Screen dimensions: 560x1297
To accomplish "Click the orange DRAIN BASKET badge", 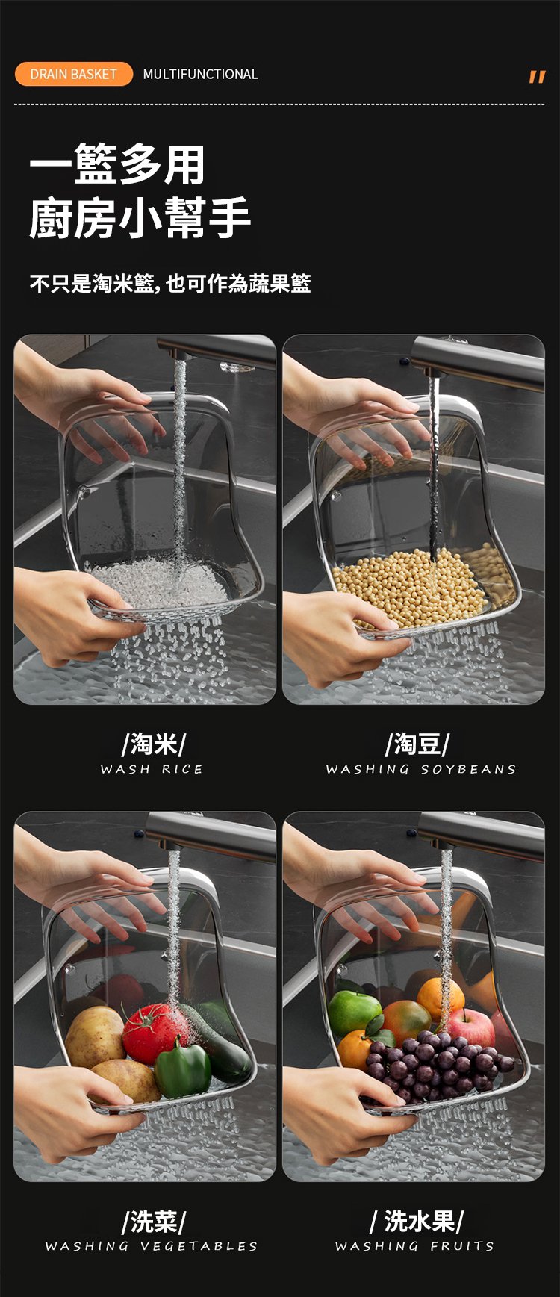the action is click(x=73, y=74).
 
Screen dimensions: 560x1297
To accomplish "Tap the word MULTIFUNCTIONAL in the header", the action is click(x=200, y=74).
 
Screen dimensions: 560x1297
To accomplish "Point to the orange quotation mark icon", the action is click(x=537, y=76).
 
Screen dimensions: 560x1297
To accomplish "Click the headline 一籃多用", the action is click(x=117, y=164).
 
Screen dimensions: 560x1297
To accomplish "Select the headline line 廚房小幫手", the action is click(x=140, y=218).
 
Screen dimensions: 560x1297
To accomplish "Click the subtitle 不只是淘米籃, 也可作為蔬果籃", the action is click(x=170, y=284).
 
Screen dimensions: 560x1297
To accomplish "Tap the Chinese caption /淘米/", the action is click(x=153, y=744).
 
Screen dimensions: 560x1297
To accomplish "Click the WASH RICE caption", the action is click(x=152, y=769).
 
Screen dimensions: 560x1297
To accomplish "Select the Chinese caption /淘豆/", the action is click(x=417, y=744).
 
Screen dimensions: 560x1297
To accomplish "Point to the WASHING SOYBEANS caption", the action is click(x=421, y=769).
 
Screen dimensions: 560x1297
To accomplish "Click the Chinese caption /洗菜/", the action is click(x=153, y=1222).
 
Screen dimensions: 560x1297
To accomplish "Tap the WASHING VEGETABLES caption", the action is click(x=152, y=1246).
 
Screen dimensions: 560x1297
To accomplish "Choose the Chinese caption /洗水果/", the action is click(x=417, y=1222).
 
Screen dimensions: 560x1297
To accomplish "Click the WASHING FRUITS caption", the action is click(x=414, y=1246).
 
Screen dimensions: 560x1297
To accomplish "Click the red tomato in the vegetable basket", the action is click(x=152, y=1033).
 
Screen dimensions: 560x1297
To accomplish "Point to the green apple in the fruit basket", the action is click(x=355, y=1013).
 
